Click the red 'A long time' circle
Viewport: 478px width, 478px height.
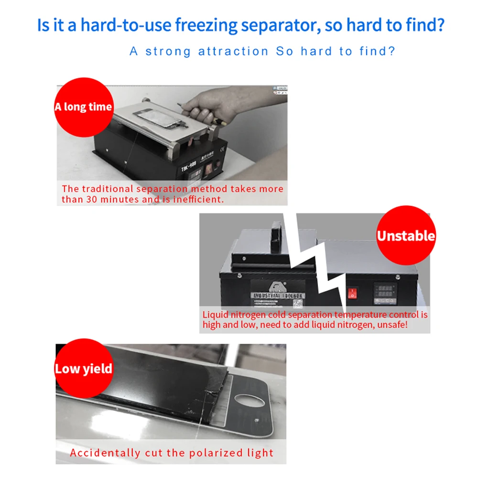point(83,106)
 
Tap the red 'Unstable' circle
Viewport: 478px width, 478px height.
point(405,236)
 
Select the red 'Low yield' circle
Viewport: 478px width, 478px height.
point(84,369)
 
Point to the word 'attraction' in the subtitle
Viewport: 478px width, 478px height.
point(233,51)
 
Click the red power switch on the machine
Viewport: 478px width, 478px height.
point(353,293)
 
